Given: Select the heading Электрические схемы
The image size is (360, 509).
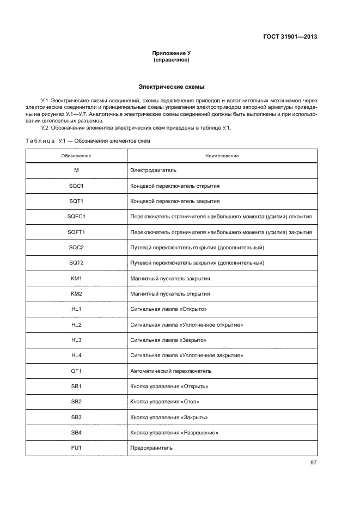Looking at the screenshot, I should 172,87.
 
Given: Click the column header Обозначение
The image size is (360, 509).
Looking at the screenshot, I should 76,156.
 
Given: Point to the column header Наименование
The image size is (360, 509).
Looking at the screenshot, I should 222,156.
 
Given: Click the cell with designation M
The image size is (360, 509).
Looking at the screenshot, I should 76,170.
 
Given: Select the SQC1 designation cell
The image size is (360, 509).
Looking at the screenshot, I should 76,186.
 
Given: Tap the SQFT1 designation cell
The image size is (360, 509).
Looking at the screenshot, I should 76,232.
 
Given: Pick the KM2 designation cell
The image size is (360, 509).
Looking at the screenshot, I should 76,293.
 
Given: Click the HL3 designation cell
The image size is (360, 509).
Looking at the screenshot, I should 76,340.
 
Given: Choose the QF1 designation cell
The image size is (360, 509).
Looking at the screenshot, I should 76,371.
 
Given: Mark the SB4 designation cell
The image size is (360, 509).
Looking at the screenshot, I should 76,432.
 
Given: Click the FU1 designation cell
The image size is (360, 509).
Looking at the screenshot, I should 76,447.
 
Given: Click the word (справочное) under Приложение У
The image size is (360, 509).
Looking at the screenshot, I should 172,60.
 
